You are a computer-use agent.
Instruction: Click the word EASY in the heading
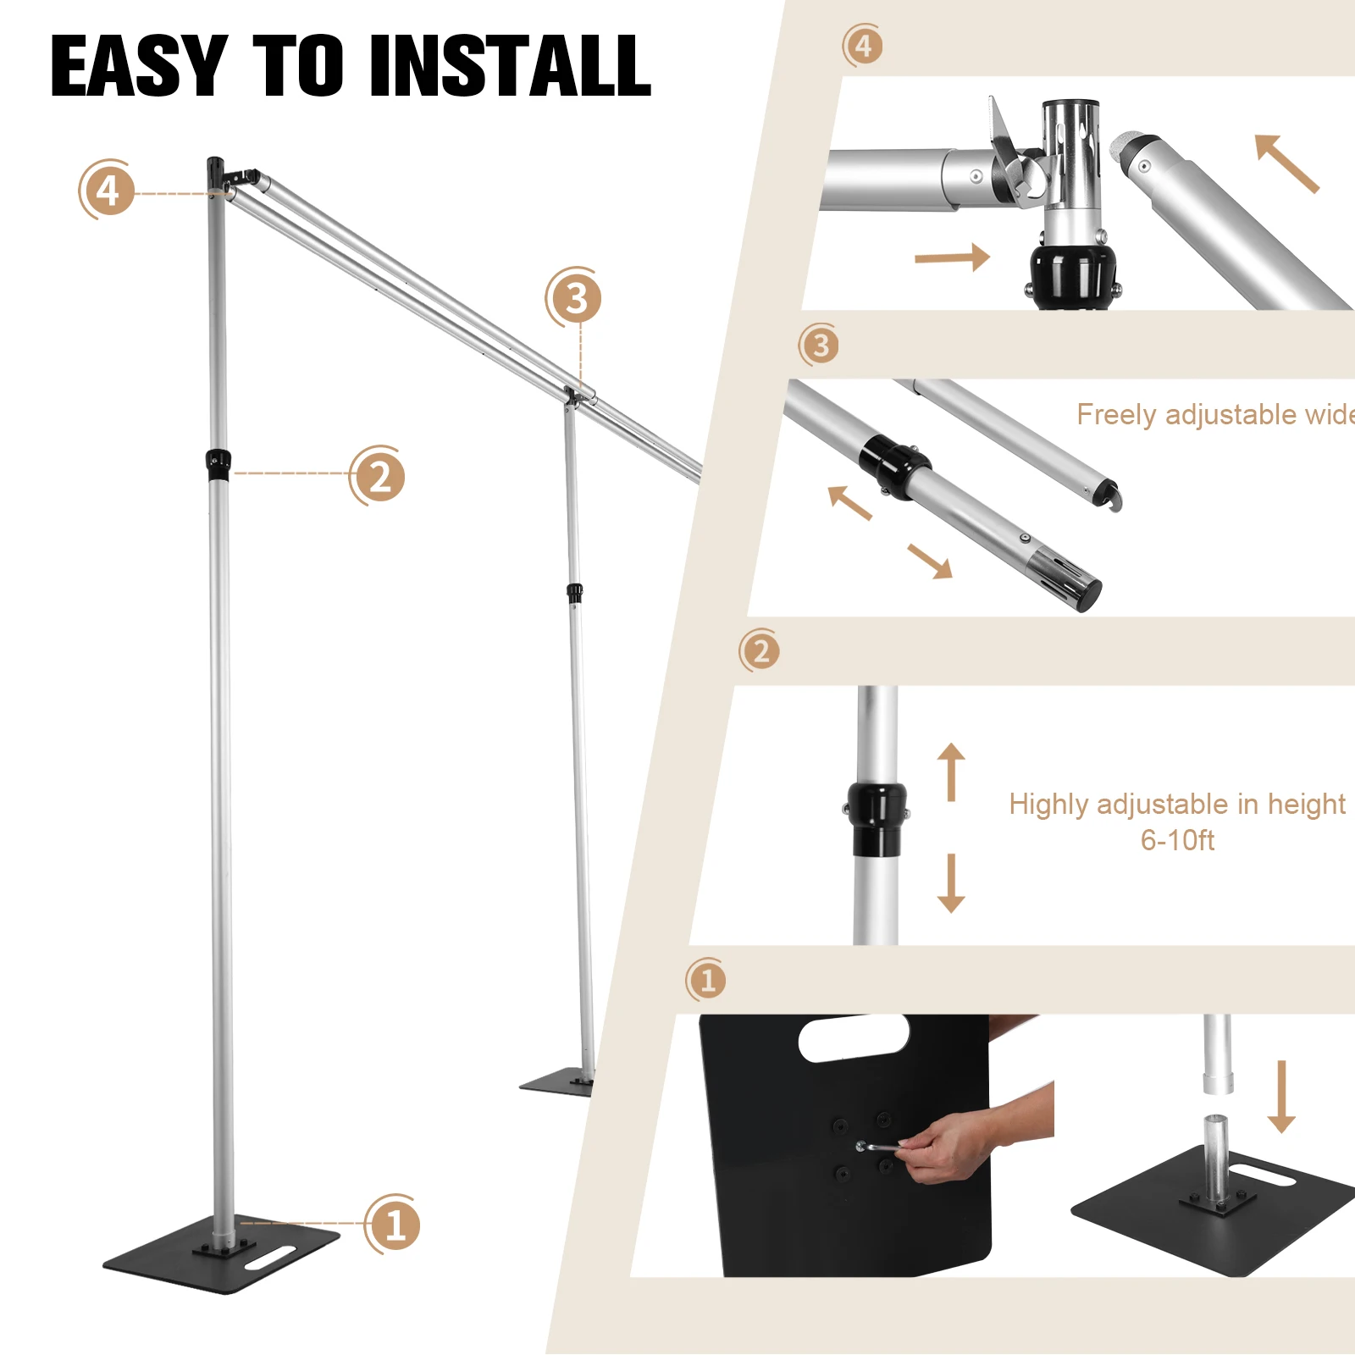[x=138, y=66]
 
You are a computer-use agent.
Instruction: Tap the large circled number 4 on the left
[x=108, y=191]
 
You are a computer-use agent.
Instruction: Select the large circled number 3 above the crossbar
[x=575, y=298]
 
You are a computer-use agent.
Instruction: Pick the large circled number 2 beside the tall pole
[x=379, y=477]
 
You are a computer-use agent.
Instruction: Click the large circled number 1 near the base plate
[x=394, y=1225]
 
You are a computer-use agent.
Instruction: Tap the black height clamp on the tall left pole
[x=218, y=464]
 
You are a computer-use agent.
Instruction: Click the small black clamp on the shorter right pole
[x=575, y=593]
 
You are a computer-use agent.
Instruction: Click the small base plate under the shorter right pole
[x=556, y=1085]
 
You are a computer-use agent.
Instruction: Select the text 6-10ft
[x=1177, y=840]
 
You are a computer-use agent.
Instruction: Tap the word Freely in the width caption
[x=1116, y=414]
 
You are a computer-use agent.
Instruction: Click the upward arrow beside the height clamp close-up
[x=951, y=771]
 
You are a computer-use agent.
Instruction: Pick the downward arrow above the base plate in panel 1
[x=1281, y=1096]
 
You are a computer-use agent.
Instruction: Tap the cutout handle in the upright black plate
[x=854, y=1038]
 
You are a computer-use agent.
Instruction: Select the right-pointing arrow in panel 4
[x=953, y=257]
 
